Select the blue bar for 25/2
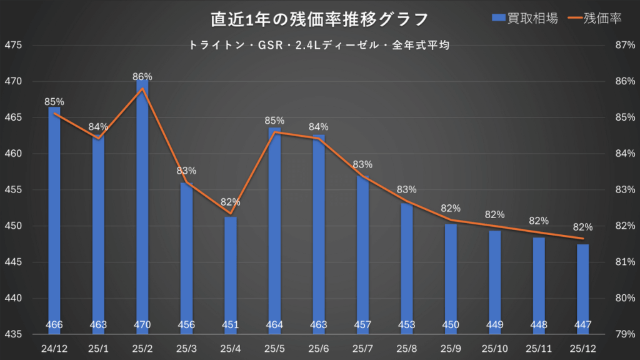coord(142,206)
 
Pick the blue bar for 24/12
coord(54,219)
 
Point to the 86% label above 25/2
coord(142,76)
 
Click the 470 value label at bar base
coord(142,324)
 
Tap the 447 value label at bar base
coord(582,324)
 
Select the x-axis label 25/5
coord(274,346)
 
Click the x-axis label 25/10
coord(494,346)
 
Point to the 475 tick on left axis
coord(13,46)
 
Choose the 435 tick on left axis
coord(13,334)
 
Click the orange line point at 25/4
coord(231,214)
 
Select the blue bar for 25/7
coord(362,250)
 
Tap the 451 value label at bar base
coord(231,324)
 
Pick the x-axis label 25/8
coord(406,346)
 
